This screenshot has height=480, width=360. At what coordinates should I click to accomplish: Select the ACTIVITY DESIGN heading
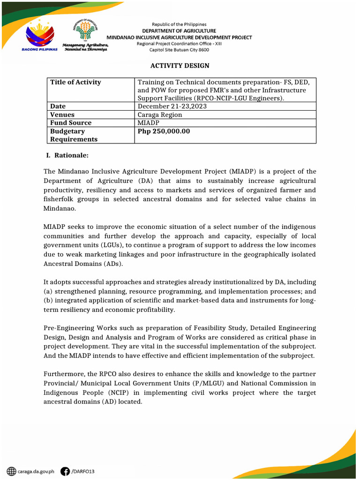180,66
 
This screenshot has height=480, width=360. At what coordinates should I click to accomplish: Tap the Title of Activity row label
75,82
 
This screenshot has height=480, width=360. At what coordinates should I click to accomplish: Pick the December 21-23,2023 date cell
172,106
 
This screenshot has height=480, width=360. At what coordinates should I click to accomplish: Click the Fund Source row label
71,123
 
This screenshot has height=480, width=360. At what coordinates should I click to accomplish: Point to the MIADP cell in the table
148,123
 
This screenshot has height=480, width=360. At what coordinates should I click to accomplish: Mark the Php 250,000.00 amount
164,131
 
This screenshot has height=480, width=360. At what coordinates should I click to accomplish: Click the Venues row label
62,115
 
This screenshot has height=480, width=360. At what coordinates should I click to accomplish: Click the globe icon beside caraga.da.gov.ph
11,471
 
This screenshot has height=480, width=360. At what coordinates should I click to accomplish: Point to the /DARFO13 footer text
83,471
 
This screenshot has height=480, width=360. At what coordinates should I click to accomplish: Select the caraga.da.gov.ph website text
37,471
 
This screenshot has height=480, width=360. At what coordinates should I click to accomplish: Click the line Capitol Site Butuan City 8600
179,50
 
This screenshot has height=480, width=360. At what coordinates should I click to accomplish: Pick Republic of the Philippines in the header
179,24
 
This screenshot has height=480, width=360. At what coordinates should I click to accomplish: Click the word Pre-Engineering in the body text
67,328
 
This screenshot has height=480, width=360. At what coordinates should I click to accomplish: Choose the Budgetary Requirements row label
74,135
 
